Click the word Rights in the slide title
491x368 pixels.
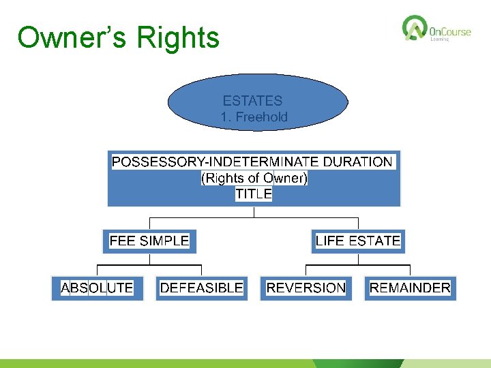click(x=178, y=37)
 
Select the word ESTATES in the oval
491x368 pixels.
click(x=252, y=101)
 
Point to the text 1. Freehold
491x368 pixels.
click(x=254, y=117)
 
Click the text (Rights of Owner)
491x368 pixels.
click(x=254, y=178)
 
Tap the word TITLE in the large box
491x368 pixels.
click(x=254, y=194)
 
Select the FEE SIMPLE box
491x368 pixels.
click(x=149, y=241)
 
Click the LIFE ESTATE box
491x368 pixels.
click(x=358, y=241)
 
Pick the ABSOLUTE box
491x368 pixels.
click(x=97, y=288)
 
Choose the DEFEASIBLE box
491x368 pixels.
click(x=201, y=288)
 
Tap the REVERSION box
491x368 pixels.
click(x=306, y=288)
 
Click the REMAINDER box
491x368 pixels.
click(x=410, y=288)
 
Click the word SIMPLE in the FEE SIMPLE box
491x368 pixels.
click(x=164, y=241)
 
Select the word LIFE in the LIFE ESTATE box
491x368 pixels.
click(x=330, y=241)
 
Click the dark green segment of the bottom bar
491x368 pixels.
click(x=358, y=363)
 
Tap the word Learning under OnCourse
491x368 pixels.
click(x=439, y=40)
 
